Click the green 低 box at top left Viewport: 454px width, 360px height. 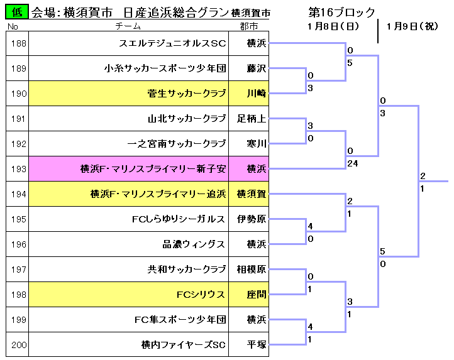pos(17,12)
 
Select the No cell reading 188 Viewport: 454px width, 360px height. pos(18,43)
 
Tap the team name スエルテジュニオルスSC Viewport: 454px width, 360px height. pos(172,43)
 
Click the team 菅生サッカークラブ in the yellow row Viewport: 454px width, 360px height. pos(187,94)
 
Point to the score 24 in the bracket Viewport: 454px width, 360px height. pos(353,163)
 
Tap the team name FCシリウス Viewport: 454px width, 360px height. pos(201,295)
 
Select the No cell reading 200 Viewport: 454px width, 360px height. pos(18,345)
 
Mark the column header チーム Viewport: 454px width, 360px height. pos(128,26)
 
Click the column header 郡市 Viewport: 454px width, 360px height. pos(249,26)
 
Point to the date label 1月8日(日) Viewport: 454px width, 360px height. pos(333,26)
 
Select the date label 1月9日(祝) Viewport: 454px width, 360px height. pos(412,26)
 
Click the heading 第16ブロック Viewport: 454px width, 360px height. pos(341,12)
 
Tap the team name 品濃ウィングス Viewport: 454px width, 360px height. pos(194,244)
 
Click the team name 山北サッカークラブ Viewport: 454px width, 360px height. pos(187,119)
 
